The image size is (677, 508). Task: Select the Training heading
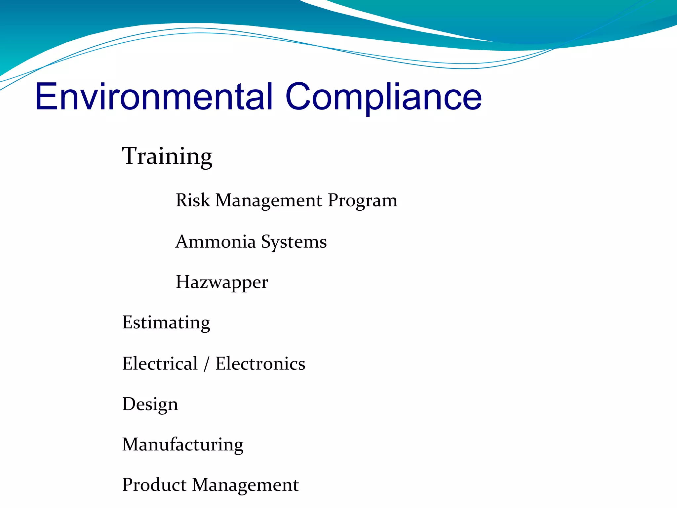[x=167, y=156]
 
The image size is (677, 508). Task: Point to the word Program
[x=363, y=201]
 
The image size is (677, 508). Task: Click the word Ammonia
[x=216, y=241]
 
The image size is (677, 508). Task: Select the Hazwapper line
[x=222, y=282]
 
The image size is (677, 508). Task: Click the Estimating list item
[x=166, y=323]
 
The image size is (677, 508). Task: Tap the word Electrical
[x=160, y=363]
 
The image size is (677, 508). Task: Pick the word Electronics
[x=260, y=363]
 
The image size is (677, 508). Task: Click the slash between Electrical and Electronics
[x=207, y=364]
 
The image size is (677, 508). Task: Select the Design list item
[x=150, y=404]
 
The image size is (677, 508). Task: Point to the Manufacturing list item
[x=182, y=444]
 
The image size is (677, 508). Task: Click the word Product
[x=154, y=485]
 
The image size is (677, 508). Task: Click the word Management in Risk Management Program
[x=269, y=201]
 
